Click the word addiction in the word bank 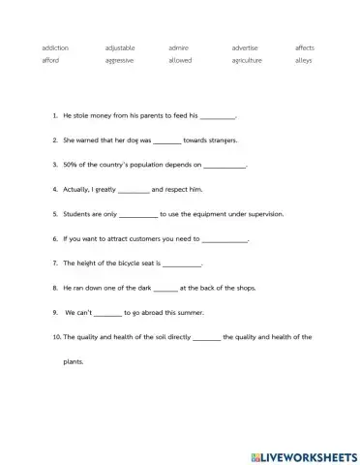click(x=55, y=47)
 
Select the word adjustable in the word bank click(x=120, y=47)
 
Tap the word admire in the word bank click(x=178, y=47)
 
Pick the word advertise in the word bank click(x=245, y=47)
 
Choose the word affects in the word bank click(x=304, y=47)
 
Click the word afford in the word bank click(x=50, y=60)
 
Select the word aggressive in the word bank click(x=119, y=60)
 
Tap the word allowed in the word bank click(x=180, y=60)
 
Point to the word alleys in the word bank click(x=302, y=60)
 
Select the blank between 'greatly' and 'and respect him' click(x=133, y=190)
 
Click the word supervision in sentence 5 click(x=253, y=214)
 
